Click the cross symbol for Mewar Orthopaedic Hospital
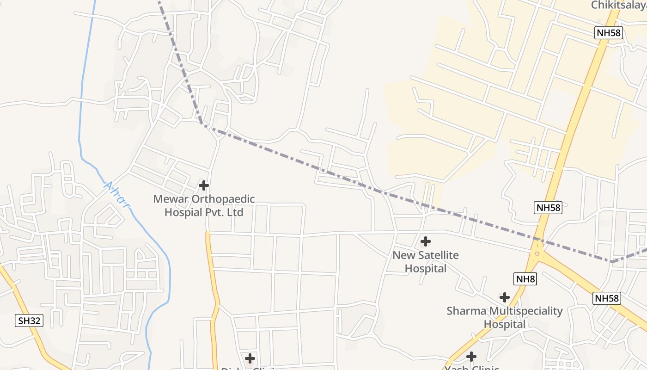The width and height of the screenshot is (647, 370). [203, 185]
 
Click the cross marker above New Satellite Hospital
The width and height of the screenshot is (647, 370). [425, 241]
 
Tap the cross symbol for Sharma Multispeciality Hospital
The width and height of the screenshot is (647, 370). [504, 297]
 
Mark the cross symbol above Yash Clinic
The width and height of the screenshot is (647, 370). [471, 357]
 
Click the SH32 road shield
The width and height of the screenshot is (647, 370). [30, 321]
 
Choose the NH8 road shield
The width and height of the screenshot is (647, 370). [525, 279]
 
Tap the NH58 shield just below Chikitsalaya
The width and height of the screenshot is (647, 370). [609, 33]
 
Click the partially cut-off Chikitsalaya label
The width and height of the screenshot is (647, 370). [619, 5]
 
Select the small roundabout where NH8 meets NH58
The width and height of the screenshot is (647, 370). [537, 253]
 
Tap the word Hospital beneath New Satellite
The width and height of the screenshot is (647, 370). [426, 268]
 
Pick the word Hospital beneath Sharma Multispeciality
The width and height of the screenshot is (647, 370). [505, 324]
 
